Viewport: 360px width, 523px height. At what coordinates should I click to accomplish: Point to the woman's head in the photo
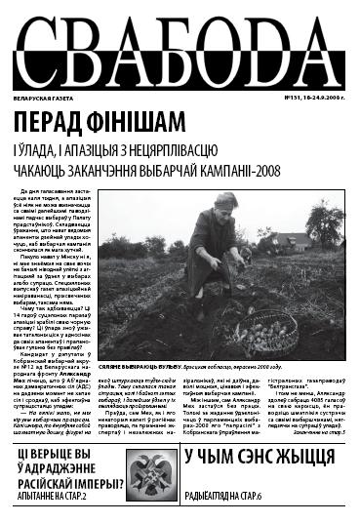pyautogui.click(x=224, y=207)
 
